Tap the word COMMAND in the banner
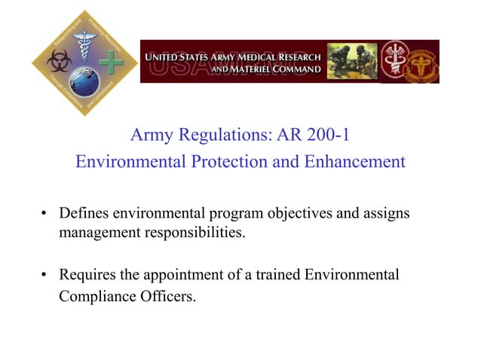point(296,70)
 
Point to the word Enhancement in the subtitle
point(355,161)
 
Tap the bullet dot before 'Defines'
point(44,215)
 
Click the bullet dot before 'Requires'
point(44,276)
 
